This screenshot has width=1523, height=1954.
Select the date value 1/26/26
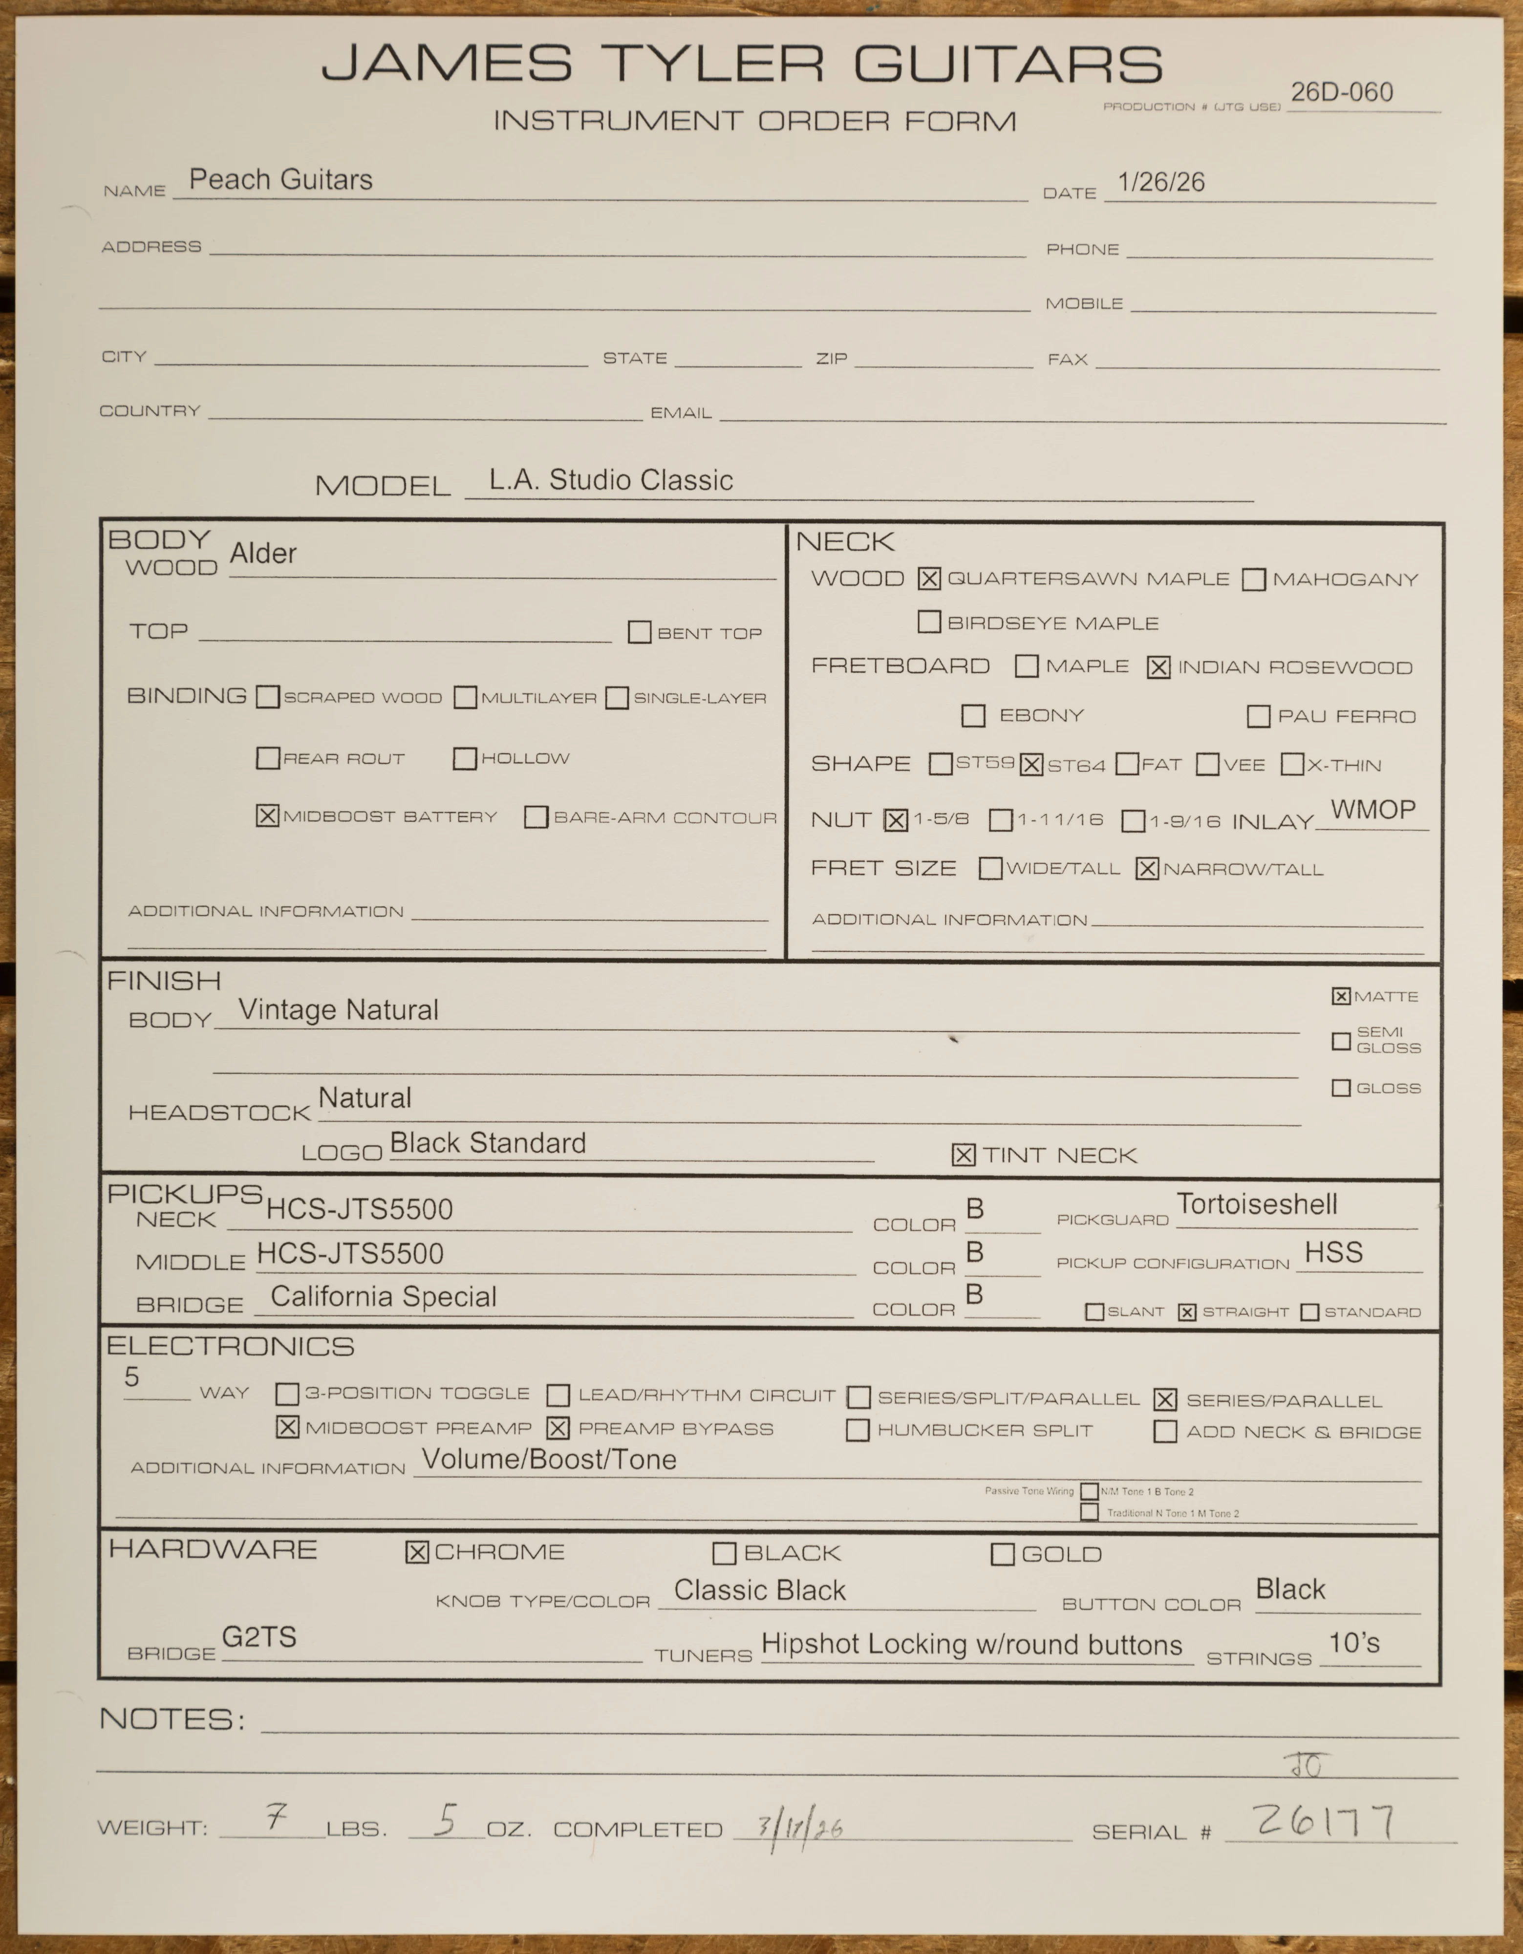pyautogui.click(x=1160, y=183)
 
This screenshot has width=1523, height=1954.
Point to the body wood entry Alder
pyautogui.click(x=262, y=554)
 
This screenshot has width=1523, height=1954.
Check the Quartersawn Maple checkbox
pyautogui.click(x=929, y=579)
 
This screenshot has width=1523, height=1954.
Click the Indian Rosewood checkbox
pyautogui.click(x=1158, y=667)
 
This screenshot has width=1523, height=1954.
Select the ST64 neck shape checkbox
pyautogui.click(x=1031, y=765)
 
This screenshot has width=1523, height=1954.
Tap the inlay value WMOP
pyautogui.click(x=1373, y=810)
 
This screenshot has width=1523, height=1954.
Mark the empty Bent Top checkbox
pyautogui.click(x=639, y=633)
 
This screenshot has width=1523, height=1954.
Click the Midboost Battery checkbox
pyautogui.click(x=267, y=816)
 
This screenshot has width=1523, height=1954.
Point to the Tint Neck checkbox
pyautogui.click(x=963, y=1155)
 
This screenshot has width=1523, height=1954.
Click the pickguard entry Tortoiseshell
pyautogui.click(x=1256, y=1204)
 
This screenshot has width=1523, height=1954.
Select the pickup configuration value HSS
pyautogui.click(x=1333, y=1252)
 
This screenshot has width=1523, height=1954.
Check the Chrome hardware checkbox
pyautogui.click(x=417, y=1552)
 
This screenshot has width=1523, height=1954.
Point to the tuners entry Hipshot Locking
pyautogui.click(x=971, y=1644)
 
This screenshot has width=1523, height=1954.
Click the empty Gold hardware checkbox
pyautogui.click(x=1002, y=1555)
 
